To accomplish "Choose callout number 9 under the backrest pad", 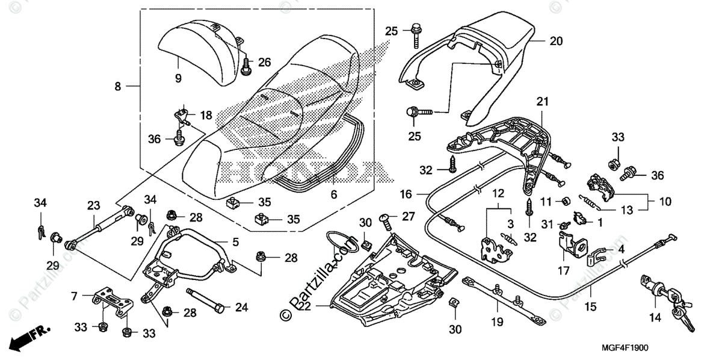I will coord(178,78).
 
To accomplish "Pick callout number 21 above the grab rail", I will coord(543,102).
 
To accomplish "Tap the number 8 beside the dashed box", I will coord(118,87).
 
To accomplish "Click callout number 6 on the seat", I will coord(333,194).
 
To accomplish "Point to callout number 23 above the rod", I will coord(93,205).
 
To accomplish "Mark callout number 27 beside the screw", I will coord(409,216).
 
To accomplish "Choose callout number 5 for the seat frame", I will coord(235,243).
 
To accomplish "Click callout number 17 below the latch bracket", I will coord(563,272).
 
